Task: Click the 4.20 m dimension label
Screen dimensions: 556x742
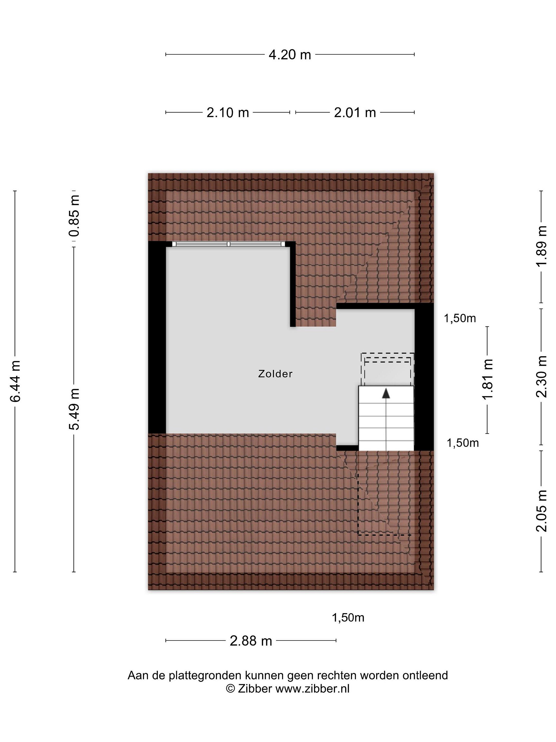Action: pos(290,54)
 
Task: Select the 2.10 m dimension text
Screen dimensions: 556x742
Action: pos(228,112)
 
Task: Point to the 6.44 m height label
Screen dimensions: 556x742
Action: pos(16,381)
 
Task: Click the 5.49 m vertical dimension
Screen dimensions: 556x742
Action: pos(74,409)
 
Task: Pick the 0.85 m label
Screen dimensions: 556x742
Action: pos(74,216)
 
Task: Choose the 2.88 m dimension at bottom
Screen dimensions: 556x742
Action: pos(251,641)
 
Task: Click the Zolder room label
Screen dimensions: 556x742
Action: pos(275,374)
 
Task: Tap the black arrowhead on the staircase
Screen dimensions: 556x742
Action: pos(386,393)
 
